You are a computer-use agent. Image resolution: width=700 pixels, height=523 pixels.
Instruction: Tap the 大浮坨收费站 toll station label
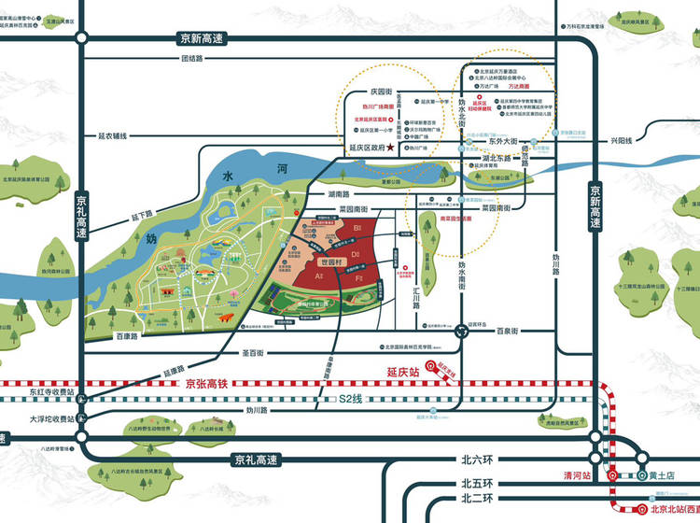(x=50, y=419)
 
